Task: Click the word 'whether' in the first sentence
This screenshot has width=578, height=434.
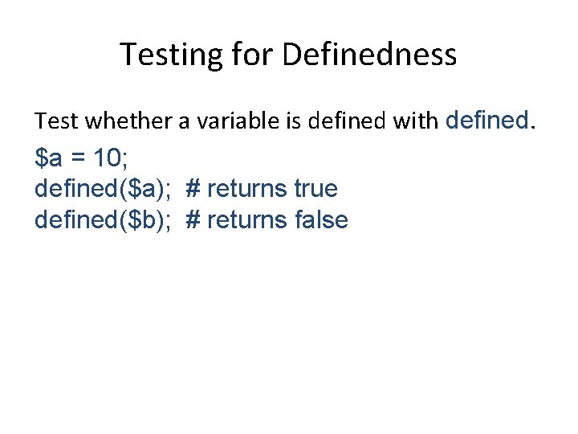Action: tap(116, 121)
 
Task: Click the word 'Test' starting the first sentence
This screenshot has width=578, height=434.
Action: tap(56, 121)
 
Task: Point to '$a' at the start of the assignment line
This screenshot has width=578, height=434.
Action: tap(48, 158)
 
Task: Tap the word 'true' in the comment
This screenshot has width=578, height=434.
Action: tap(315, 189)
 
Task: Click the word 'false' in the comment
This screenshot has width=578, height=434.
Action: tap(320, 219)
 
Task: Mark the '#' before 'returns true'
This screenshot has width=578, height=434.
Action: tap(193, 189)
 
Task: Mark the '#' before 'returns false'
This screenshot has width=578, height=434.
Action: tap(193, 219)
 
